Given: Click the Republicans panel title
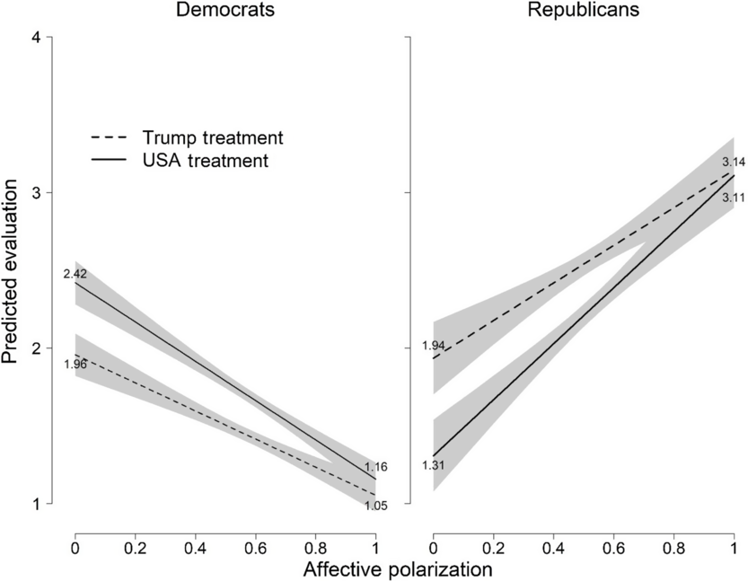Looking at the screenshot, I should point(584,11).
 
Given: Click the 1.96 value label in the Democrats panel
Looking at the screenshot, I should point(75,364).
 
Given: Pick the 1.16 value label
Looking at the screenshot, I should point(376,468).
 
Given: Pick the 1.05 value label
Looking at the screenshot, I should point(376,506).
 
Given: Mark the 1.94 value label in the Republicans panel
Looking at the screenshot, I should point(434,345).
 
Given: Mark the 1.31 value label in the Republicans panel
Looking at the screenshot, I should point(434,464).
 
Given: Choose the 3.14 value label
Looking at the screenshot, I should point(734,163).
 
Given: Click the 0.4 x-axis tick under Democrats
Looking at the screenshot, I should point(195,547).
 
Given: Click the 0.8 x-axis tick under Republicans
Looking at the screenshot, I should point(674,547).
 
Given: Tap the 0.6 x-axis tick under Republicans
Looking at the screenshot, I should point(614,547).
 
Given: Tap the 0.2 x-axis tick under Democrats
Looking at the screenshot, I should point(135,547).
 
